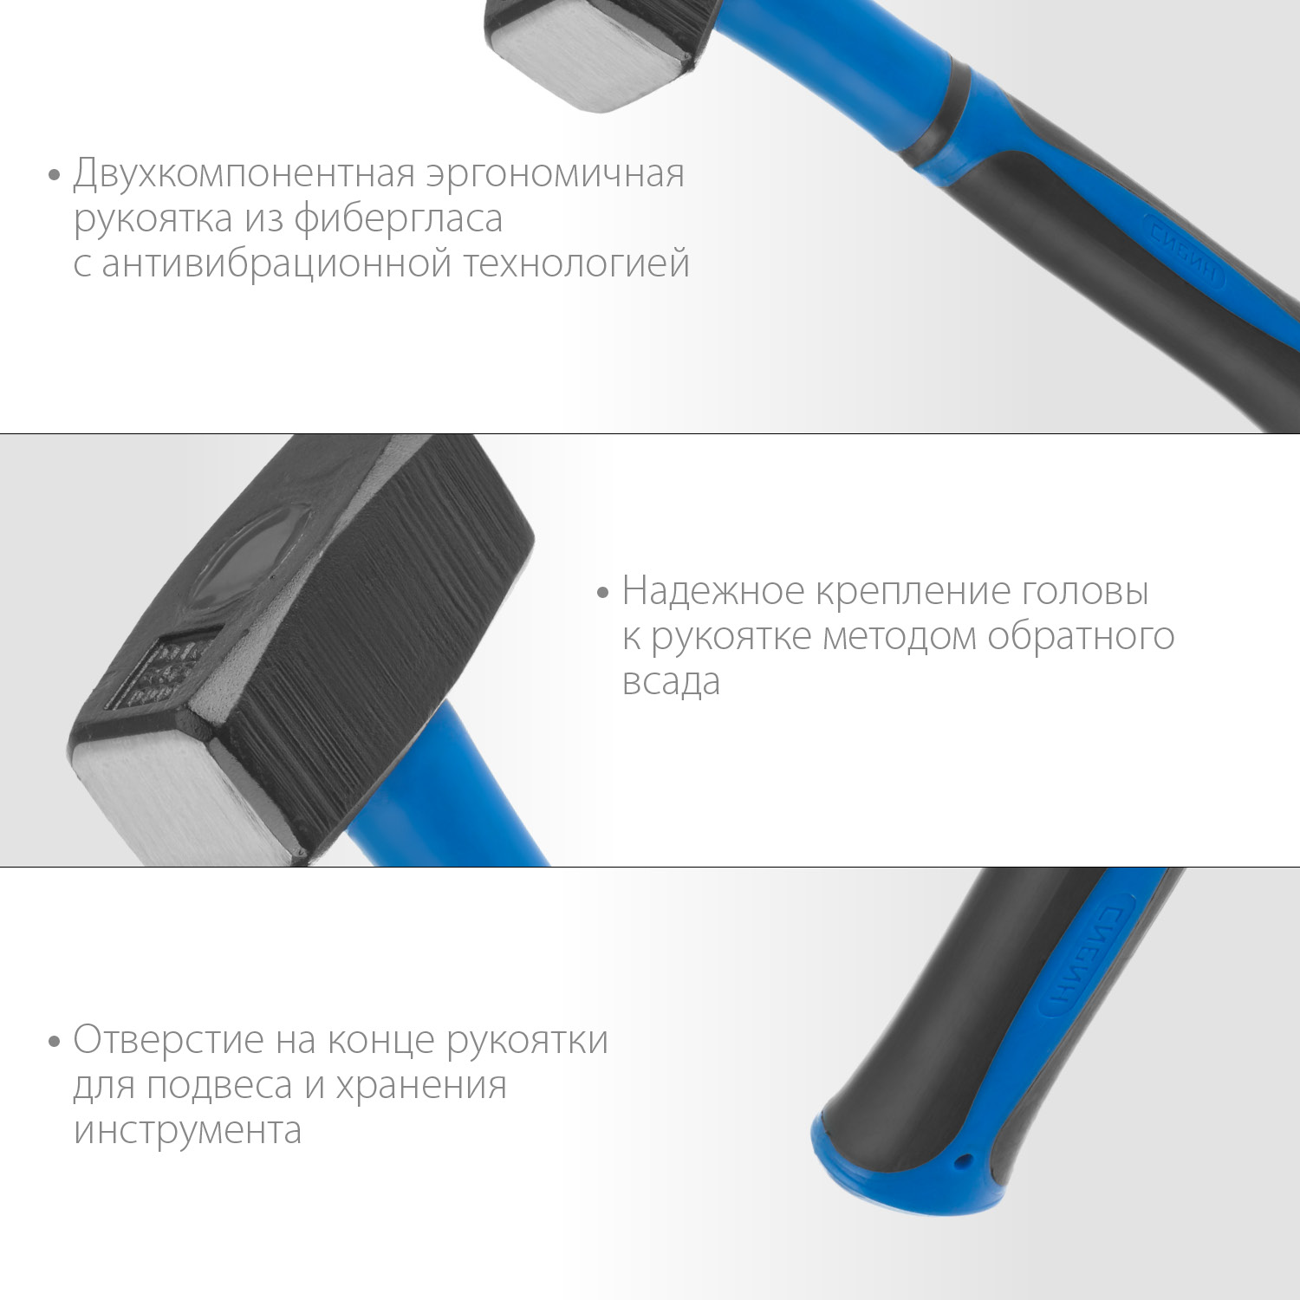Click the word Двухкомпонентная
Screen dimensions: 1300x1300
click(x=245, y=174)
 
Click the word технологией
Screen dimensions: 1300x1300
click(x=576, y=263)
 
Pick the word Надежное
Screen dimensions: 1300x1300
click(x=713, y=592)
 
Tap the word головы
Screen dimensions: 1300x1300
click(x=1085, y=592)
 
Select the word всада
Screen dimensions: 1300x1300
click(x=671, y=682)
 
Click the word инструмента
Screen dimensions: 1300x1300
click(x=187, y=1130)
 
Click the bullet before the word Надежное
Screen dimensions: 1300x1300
click(x=603, y=594)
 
